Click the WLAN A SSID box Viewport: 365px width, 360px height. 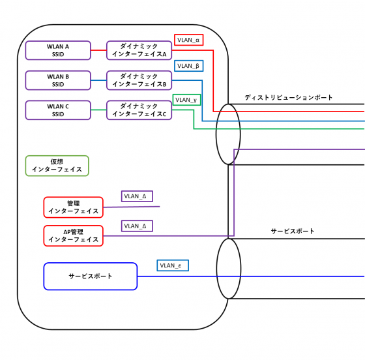point(58,50)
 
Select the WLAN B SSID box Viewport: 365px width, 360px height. point(58,80)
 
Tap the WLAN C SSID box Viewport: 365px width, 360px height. point(58,110)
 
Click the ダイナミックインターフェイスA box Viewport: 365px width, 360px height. point(139,50)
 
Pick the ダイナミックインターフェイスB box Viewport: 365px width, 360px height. point(139,80)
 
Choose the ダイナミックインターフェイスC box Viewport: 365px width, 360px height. point(139,110)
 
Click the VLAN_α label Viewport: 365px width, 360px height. point(189,40)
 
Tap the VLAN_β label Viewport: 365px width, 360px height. point(189,66)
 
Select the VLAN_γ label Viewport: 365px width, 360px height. point(186,100)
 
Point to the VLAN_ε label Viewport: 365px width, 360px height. point(173,265)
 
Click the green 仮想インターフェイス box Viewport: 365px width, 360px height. point(57,166)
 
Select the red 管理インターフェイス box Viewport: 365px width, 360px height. point(73,207)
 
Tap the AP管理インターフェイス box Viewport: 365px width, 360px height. point(73,235)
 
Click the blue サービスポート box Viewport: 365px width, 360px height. point(91,277)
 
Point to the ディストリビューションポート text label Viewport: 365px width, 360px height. point(288,98)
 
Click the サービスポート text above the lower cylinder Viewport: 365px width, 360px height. point(293,231)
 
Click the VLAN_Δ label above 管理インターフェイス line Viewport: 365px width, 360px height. point(137,196)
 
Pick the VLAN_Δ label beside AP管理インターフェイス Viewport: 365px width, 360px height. point(137,226)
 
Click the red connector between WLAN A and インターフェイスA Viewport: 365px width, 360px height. point(98,50)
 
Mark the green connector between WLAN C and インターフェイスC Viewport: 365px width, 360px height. point(98,110)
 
